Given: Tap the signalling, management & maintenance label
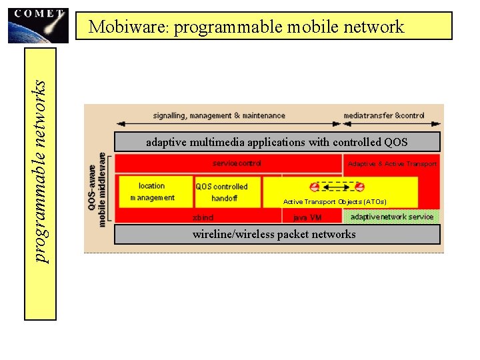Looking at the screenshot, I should [x=219, y=115].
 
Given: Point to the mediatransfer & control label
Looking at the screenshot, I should [x=384, y=115].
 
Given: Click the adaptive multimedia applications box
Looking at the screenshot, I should [x=277, y=142].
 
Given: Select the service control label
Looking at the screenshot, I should [x=237, y=163].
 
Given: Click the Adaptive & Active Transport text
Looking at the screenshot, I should [x=392, y=164].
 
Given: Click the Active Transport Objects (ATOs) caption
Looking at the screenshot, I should [x=335, y=201].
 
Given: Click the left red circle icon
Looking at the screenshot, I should [x=314, y=187].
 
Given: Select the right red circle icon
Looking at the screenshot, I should [x=359, y=187].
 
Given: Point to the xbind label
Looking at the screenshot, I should [x=203, y=217].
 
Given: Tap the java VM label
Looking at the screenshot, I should [x=307, y=217].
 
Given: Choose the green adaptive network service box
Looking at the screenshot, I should [x=391, y=217].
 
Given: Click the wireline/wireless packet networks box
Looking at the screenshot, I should [x=277, y=234].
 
